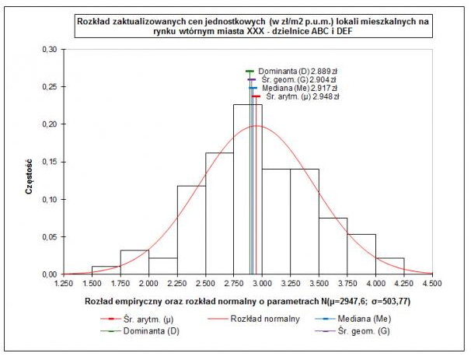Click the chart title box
(x=253, y=26)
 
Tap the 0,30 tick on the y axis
(x=49, y=49)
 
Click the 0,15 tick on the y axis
(x=49, y=162)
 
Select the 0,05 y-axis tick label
(x=49, y=236)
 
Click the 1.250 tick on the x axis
(x=64, y=284)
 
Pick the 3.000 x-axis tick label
(x=262, y=284)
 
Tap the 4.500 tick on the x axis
(x=432, y=284)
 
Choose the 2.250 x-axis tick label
(x=177, y=284)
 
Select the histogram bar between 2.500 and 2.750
(x=219, y=218)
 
